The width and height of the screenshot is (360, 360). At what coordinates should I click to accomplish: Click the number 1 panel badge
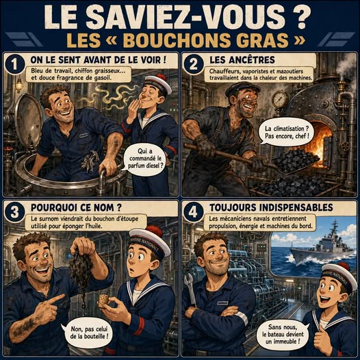coord(14,64)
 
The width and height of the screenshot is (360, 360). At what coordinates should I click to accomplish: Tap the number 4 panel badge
coord(193,212)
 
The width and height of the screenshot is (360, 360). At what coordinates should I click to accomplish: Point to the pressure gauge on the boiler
coord(280,99)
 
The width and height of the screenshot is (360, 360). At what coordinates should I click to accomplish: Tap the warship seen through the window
coord(322,248)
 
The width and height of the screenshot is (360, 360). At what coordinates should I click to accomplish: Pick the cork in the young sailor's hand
coord(103,300)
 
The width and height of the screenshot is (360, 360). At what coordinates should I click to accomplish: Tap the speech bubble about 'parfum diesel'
coord(144,159)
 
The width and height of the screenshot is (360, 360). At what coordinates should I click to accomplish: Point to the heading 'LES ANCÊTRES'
coord(242,60)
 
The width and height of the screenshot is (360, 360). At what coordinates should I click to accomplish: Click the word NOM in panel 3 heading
coord(103,207)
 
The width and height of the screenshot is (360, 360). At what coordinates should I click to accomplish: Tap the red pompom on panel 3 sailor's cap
coord(153,231)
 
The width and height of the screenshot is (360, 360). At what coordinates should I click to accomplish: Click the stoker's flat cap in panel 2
coord(242,89)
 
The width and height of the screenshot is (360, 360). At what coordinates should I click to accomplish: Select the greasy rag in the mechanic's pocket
coord(90,161)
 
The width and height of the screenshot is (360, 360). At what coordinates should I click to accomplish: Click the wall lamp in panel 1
coord(19,86)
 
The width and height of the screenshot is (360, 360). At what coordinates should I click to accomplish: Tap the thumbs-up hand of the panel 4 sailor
coord(322,339)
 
